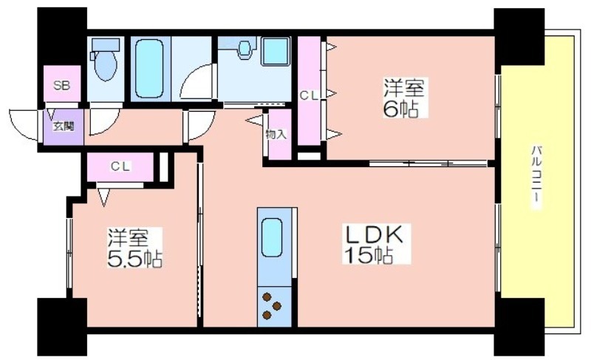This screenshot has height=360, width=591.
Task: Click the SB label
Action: coord(62,85)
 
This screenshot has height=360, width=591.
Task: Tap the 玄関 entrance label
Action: coord(64,126)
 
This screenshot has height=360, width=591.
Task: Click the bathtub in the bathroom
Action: coord(150,69)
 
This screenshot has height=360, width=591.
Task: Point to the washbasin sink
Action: coord(245,48)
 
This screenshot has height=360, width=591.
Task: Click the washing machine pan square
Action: coord(276,51)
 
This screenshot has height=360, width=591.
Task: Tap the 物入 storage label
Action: coord(276,134)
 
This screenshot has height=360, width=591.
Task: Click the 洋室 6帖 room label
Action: coord(404,98)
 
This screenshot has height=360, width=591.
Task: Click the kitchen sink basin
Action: coord(272,237)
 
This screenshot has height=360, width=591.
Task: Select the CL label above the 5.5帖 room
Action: coord(120,166)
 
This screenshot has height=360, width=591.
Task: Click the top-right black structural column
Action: coord(519,36)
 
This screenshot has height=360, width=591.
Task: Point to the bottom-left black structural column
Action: coord(62,327)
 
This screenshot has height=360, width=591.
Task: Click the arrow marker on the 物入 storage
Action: coord(254,120)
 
